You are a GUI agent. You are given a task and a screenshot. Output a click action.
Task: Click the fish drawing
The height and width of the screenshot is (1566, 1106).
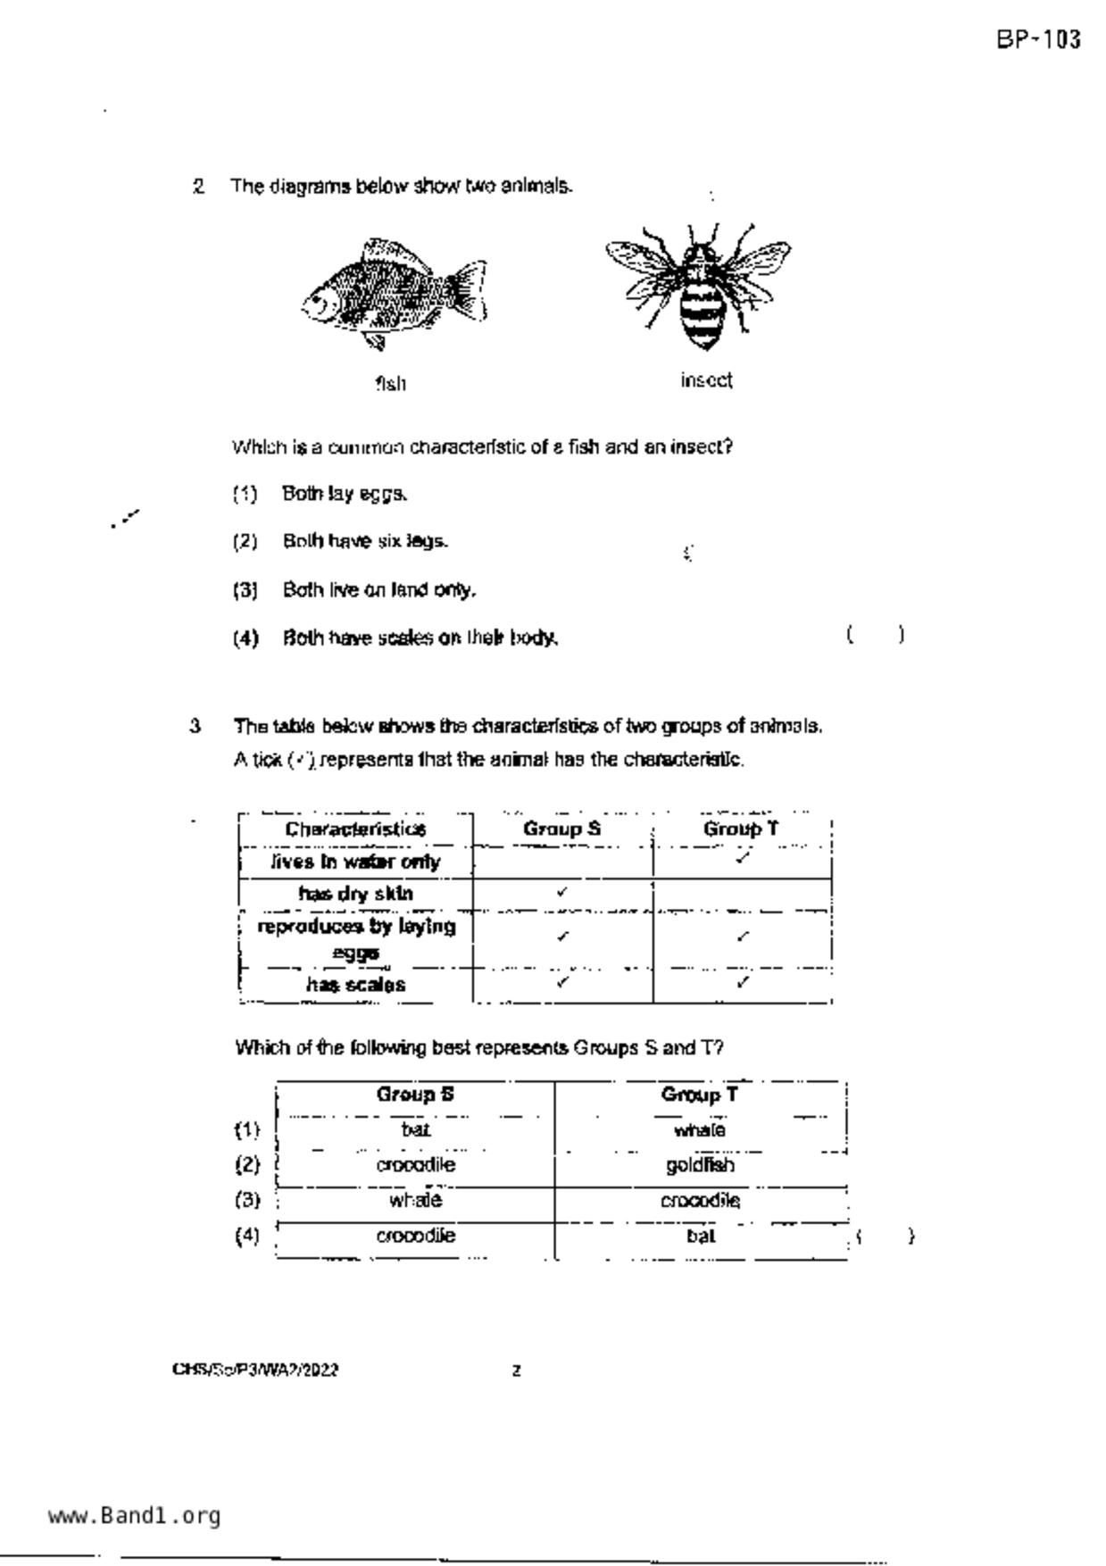coord(394,294)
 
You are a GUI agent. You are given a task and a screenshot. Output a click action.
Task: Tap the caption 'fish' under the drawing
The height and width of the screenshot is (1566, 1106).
coord(391,384)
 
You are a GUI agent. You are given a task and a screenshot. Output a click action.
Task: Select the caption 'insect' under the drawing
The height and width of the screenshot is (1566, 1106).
coord(706,380)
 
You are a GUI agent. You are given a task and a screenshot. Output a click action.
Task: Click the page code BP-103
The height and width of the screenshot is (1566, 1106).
coord(1039,40)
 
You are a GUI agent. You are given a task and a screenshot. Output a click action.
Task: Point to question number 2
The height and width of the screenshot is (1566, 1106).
coord(198,187)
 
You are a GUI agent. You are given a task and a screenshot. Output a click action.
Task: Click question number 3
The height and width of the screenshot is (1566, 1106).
coord(195,726)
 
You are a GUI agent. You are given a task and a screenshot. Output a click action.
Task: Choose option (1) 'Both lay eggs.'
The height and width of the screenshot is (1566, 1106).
coord(345,494)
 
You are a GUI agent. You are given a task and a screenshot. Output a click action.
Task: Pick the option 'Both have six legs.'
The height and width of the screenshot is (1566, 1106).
coord(365,541)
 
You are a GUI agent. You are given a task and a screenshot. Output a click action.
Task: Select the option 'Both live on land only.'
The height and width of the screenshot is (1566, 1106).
coord(378,590)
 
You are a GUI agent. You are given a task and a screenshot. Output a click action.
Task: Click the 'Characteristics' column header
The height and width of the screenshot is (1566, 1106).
coord(355,829)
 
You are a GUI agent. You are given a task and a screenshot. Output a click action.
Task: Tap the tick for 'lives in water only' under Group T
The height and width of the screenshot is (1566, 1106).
coord(743,858)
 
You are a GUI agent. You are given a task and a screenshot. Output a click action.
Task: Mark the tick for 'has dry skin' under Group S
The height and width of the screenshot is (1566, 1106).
coord(561,891)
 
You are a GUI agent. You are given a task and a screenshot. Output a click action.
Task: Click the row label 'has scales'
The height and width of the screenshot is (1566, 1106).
coord(355,985)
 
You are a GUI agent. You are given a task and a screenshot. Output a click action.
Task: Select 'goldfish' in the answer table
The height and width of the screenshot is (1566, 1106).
coord(700,1165)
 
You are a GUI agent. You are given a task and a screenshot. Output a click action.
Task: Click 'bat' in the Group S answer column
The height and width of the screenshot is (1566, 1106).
coord(415,1130)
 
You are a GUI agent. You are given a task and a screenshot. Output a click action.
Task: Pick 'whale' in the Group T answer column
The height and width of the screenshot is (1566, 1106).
coord(700,1130)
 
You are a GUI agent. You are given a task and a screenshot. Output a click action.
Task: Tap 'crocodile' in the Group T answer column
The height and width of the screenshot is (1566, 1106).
coord(700,1201)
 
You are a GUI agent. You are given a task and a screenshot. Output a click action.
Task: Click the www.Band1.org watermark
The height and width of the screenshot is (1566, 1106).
coord(134,1516)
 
